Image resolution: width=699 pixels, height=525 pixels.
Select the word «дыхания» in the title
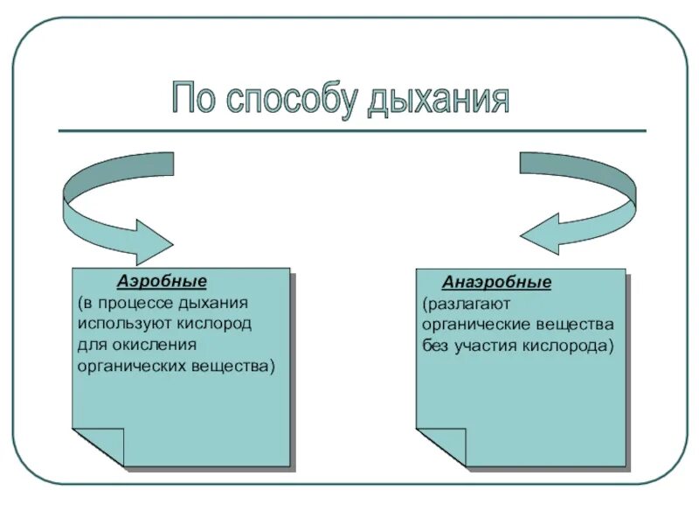pyautogui.click(x=437, y=100)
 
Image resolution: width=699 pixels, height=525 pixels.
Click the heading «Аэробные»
pyautogui.click(x=162, y=282)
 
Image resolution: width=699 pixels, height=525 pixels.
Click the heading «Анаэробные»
pyautogui.click(x=496, y=283)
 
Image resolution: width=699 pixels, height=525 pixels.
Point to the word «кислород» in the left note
pyautogui.click(x=221, y=324)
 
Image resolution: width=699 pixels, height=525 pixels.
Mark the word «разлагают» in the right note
pyautogui.click(x=463, y=304)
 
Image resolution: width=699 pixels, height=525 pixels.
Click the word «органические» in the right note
pyautogui.click(x=472, y=325)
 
